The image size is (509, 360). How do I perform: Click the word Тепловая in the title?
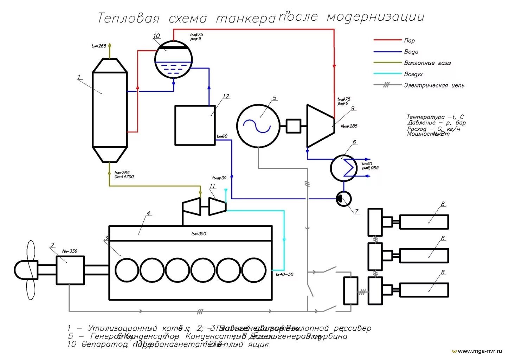(128, 18)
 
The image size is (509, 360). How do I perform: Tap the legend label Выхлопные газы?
(427, 63)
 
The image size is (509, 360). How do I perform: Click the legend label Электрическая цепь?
(434, 85)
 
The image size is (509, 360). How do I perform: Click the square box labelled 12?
(195, 125)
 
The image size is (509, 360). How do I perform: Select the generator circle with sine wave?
(258, 125)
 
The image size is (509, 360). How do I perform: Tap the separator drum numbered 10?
(174, 59)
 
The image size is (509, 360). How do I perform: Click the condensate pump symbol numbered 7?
(343, 199)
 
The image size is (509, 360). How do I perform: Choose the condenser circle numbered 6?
(343, 168)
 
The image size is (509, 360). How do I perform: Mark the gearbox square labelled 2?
(70, 270)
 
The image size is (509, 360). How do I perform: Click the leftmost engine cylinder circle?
(127, 270)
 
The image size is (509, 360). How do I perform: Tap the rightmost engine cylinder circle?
(254, 270)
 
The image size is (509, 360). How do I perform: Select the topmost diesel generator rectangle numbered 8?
(424, 222)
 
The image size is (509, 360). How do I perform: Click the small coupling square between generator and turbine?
(293, 126)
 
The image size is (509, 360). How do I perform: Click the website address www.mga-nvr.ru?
(480, 351)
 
